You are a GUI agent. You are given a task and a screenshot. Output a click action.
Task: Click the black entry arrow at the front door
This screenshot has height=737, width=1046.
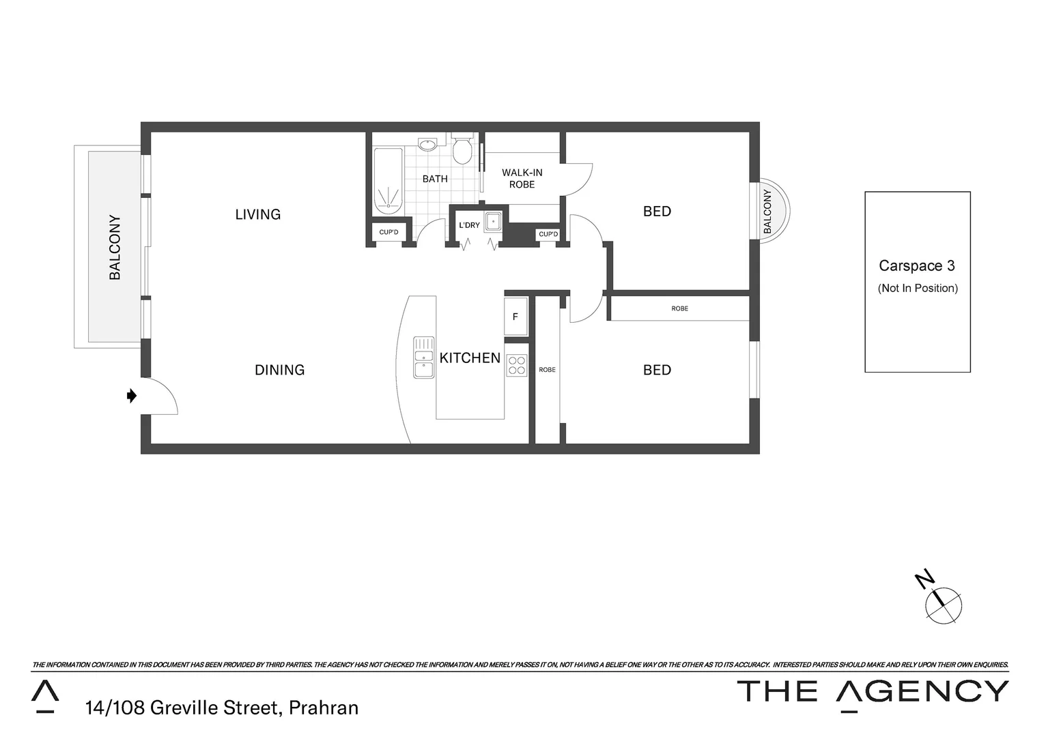pyautogui.click(x=132, y=396)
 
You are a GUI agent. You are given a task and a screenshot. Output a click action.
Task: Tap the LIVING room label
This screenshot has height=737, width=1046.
pyautogui.click(x=257, y=214)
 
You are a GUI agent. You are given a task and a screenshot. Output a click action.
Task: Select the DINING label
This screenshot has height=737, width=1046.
pyautogui.click(x=279, y=370)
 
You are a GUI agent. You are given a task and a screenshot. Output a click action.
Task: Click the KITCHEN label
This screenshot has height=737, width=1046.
pyautogui.click(x=470, y=358)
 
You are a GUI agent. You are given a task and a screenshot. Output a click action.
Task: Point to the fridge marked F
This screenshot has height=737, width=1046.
pyautogui.click(x=515, y=317)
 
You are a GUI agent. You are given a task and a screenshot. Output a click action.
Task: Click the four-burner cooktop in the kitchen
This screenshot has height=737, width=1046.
pyautogui.click(x=517, y=366)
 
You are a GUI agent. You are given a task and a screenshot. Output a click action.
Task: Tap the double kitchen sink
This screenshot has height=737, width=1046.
pyautogui.click(x=423, y=357)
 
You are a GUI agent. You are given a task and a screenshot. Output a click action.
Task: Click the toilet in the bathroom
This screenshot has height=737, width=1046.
pyautogui.click(x=462, y=149)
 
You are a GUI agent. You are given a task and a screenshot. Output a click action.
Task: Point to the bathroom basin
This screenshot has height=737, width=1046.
pyautogui.click(x=427, y=145)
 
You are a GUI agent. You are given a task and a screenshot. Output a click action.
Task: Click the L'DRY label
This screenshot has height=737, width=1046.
pyautogui.click(x=469, y=225)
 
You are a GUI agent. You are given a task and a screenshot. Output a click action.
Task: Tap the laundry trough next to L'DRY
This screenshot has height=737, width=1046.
pyautogui.click(x=493, y=222)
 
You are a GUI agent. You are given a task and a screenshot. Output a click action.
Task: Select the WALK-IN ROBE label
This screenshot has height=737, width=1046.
pyautogui.click(x=522, y=179)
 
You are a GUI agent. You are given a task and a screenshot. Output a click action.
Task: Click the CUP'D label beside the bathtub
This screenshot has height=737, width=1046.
pyautogui.click(x=388, y=233)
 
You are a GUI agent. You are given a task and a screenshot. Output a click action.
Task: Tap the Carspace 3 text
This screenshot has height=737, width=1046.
pyautogui.click(x=916, y=266)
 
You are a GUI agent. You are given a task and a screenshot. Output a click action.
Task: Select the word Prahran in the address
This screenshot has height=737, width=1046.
pyautogui.click(x=324, y=708)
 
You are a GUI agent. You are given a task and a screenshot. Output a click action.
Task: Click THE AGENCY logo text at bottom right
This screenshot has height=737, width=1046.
pyautogui.click(x=873, y=691)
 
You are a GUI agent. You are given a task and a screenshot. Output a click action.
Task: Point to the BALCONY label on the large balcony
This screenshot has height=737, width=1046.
pyautogui.click(x=115, y=247)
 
